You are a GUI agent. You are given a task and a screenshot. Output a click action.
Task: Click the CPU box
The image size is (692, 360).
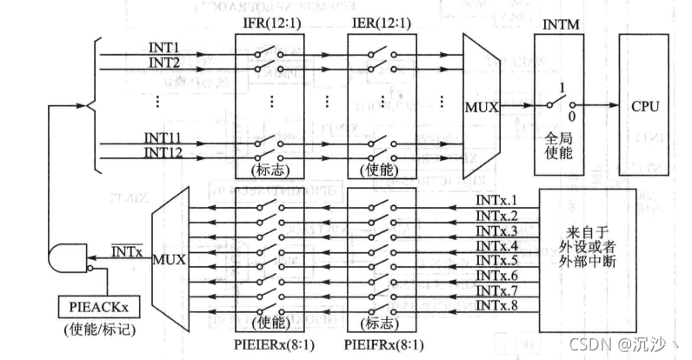[646, 106]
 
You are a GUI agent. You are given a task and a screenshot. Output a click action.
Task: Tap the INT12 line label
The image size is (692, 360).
[163, 150]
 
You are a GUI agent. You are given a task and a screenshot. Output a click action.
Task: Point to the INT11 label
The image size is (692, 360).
[163, 137]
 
